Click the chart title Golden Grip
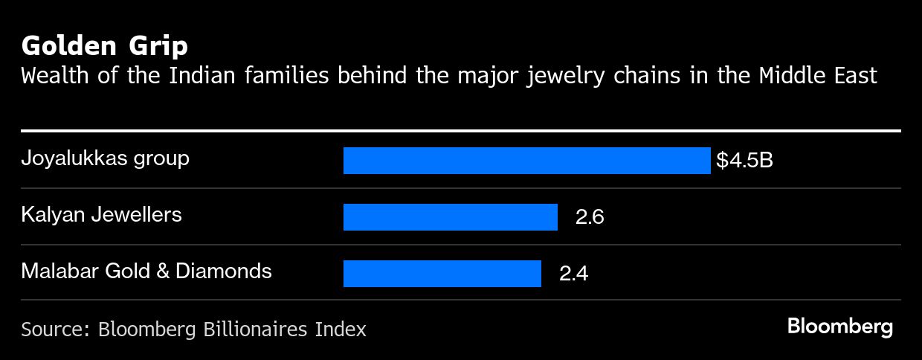click(x=104, y=46)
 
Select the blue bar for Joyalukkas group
click(x=526, y=161)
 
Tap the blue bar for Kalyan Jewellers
click(x=450, y=217)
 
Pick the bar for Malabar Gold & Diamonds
click(x=442, y=273)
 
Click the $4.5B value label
click(x=744, y=161)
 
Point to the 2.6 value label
click(x=590, y=217)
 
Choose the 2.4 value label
click(x=573, y=274)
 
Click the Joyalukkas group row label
click(x=105, y=158)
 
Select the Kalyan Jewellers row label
click(x=101, y=215)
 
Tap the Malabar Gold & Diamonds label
click(x=146, y=271)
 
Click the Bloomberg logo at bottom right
click(x=839, y=327)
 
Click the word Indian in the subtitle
click(x=193, y=76)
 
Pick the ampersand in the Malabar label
click(x=161, y=271)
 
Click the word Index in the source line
click(x=342, y=329)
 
